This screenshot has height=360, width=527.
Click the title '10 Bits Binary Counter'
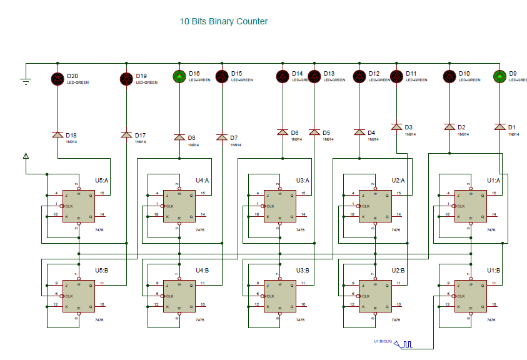tap(224, 21)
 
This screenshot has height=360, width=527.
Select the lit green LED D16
tap(179, 77)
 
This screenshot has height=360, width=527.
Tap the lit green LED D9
tap(499, 77)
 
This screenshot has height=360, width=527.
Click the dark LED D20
tap(58, 78)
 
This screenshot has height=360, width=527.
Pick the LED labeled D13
tap(314, 77)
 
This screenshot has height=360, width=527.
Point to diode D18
tap(58, 135)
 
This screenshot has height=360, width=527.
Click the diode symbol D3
tap(396, 127)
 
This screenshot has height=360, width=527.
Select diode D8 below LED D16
tap(179, 137)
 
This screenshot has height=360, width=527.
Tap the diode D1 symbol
tap(499, 127)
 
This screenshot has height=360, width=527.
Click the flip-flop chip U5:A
tap(78, 206)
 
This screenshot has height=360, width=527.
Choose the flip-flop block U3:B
tap(280, 296)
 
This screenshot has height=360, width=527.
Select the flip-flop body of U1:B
tap(470, 296)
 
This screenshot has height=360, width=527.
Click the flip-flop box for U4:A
tap(179, 206)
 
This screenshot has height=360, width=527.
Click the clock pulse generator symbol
tap(406, 344)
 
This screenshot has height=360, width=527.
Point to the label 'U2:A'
tap(399, 180)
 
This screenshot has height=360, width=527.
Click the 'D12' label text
tap(374, 74)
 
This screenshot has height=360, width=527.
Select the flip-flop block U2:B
tap(374, 296)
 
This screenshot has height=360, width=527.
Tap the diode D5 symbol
tap(314, 132)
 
